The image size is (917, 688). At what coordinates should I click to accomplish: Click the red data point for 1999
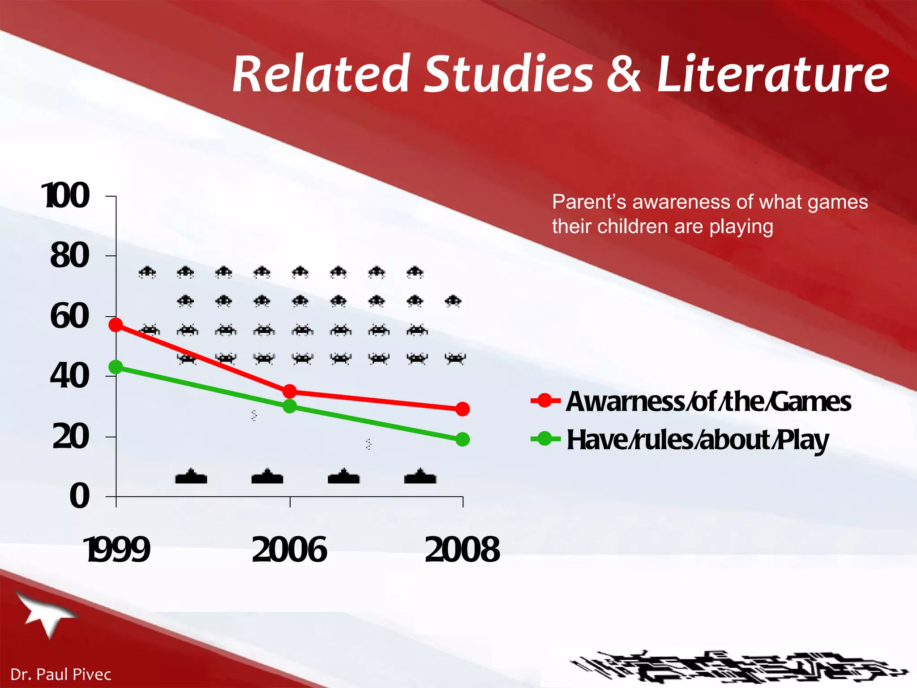(x=116, y=325)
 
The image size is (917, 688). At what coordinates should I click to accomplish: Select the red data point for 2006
(x=290, y=391)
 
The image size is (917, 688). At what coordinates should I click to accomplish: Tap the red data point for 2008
(x=463, y=409)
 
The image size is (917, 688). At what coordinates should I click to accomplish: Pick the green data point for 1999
(x=116, y=367)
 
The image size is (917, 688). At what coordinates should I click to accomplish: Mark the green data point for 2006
(x=290, y=406)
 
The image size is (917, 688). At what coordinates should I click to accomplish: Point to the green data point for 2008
(x=463, y=439)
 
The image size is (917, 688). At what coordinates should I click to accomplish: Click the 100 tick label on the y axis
(x=66, y=196)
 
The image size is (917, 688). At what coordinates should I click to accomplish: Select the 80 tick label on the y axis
(x=70, y=256)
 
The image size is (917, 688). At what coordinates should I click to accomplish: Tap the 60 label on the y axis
(x=70, y=316)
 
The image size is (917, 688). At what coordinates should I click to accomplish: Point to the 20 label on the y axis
(x=71, y=437)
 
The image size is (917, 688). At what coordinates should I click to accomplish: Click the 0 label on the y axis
(x=80, y=496)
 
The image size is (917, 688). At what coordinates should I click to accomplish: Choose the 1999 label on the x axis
(x=117, y=550)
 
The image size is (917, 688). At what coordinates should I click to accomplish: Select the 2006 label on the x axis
(x=290, y=550)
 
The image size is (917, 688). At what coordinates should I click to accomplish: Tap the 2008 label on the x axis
(x=463, y=550)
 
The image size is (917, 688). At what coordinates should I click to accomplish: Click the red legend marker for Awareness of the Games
(x=545, y=400)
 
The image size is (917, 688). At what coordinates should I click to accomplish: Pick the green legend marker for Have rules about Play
(x=545, y=439)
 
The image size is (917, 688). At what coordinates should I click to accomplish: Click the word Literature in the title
(x=773, y=74)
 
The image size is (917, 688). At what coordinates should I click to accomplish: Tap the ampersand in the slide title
(x=624, y=74)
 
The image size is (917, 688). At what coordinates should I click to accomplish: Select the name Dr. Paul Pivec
(x=61, y=674)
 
